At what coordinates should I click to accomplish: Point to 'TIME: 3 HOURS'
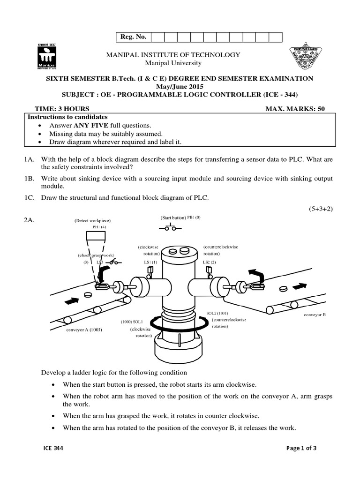tap(59, 109)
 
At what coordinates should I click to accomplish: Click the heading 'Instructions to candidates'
tap(68, 117)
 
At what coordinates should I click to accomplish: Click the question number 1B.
tap(30, 179)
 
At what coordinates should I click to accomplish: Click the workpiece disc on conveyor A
tap(87, 295)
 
